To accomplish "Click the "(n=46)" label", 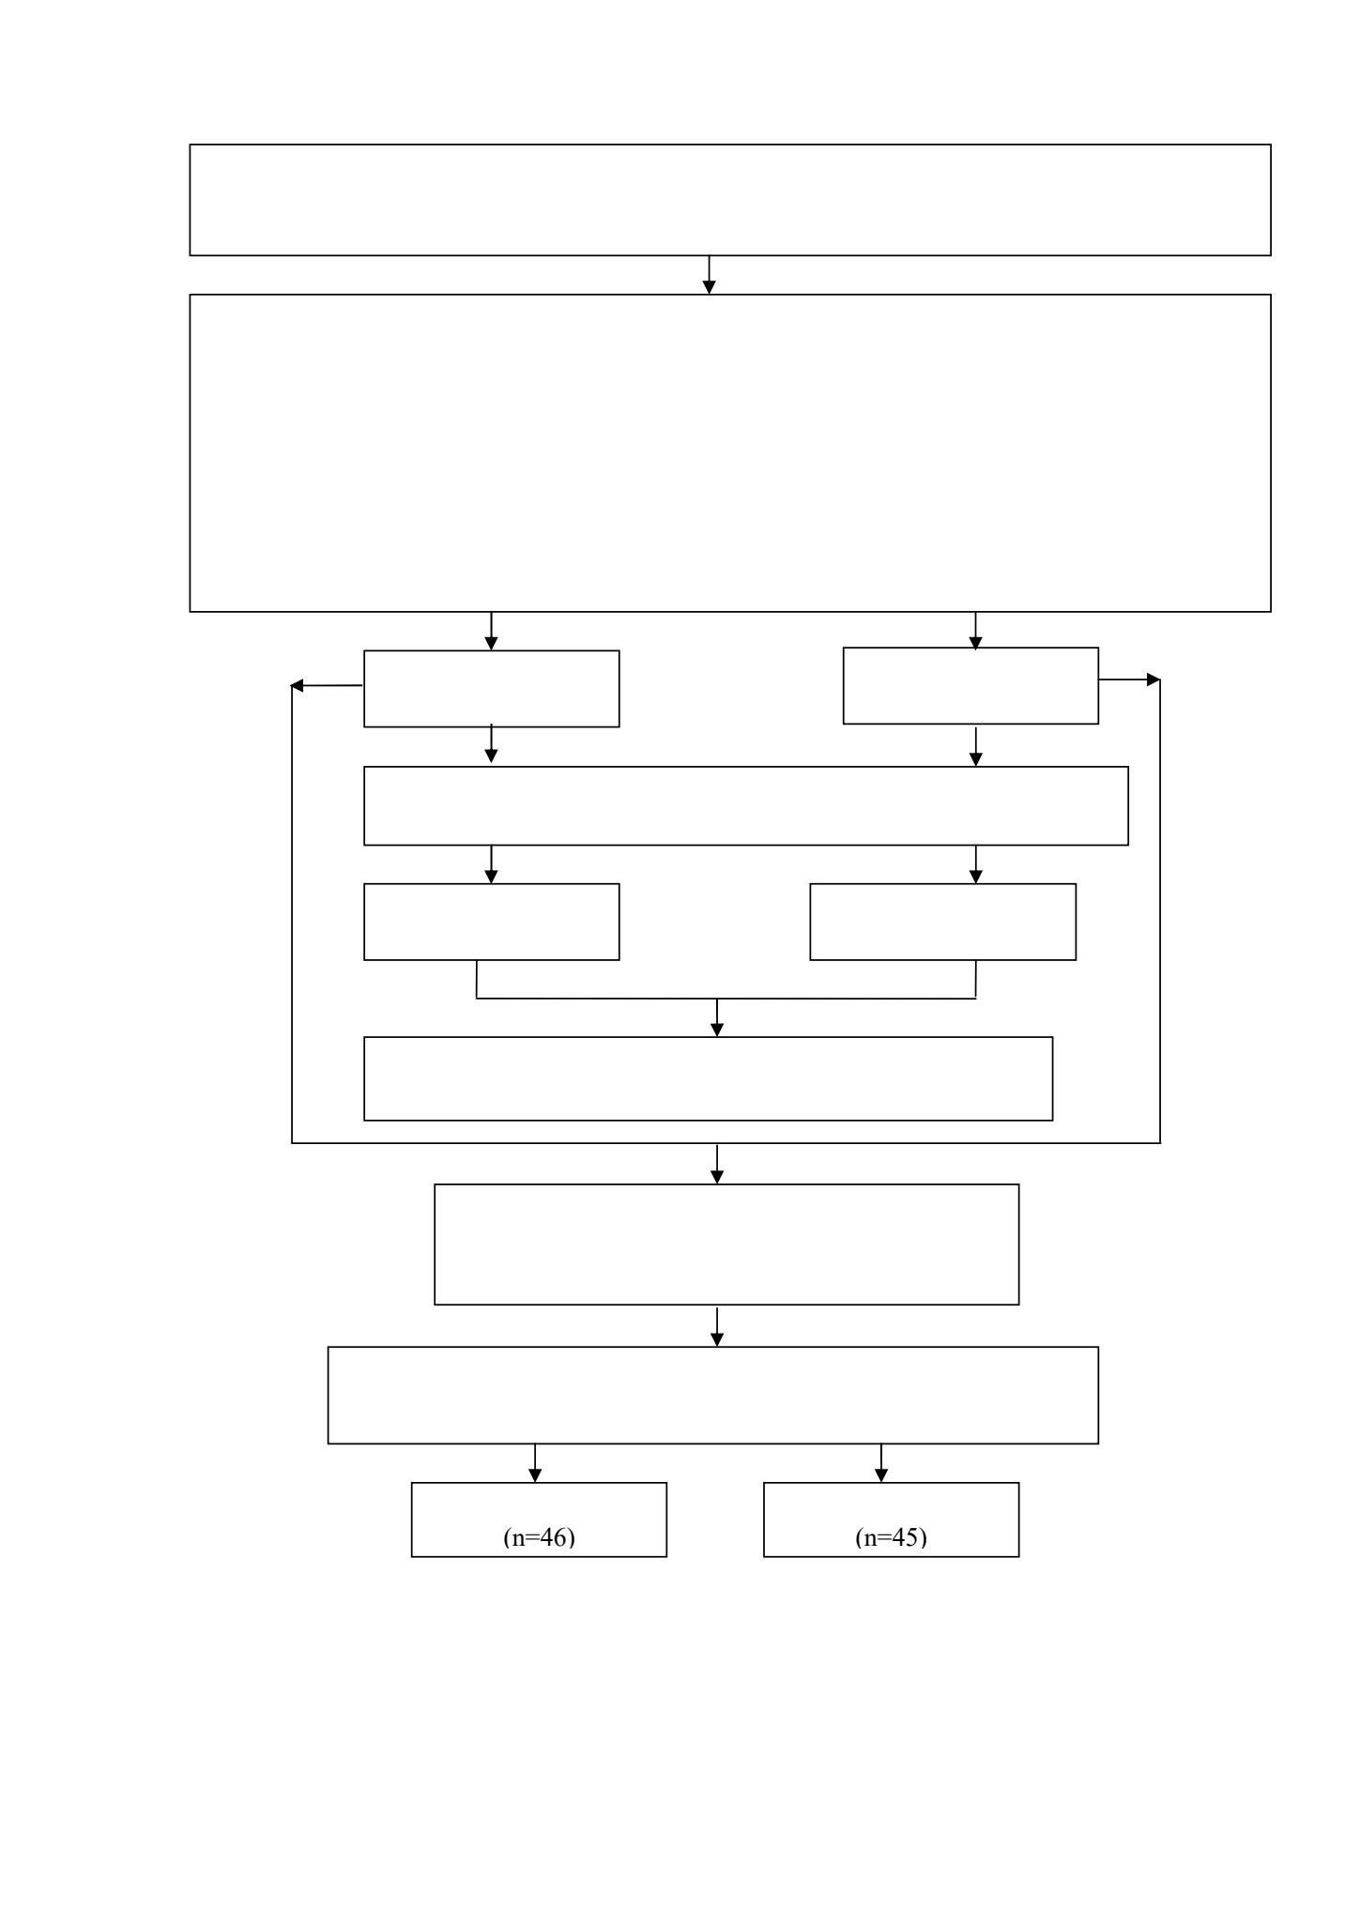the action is click(x=539, y=1537).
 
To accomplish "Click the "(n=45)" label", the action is click(x=891, y=1537).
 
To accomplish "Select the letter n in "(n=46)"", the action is click(x=518, y=1539).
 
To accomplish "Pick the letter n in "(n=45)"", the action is click(x=870, y=1539).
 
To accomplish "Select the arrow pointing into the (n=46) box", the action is click(x=535, y=1463).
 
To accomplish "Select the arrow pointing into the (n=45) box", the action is click(x=881, y=1463).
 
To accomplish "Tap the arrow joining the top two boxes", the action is click(x=710, y=275).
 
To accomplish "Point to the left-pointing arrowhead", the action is click(x=298, y=686).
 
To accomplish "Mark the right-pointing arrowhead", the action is click(x=1154, y=680).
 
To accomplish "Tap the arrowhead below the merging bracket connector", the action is click(x=717, y=1031).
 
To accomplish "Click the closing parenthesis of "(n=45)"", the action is click(x=924, y=1537).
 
